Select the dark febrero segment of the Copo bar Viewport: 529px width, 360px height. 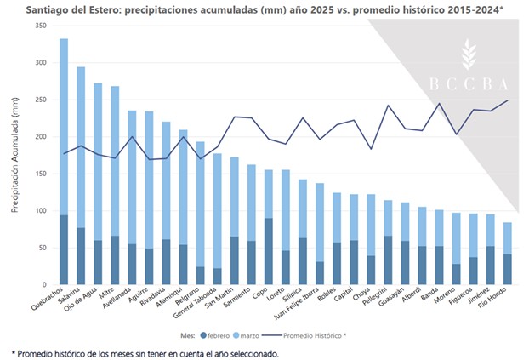point(268,251)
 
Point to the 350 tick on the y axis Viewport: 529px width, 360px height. point(39,26)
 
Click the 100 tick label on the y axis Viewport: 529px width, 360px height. point(39,210)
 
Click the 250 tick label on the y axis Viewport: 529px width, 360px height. point(39,100)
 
